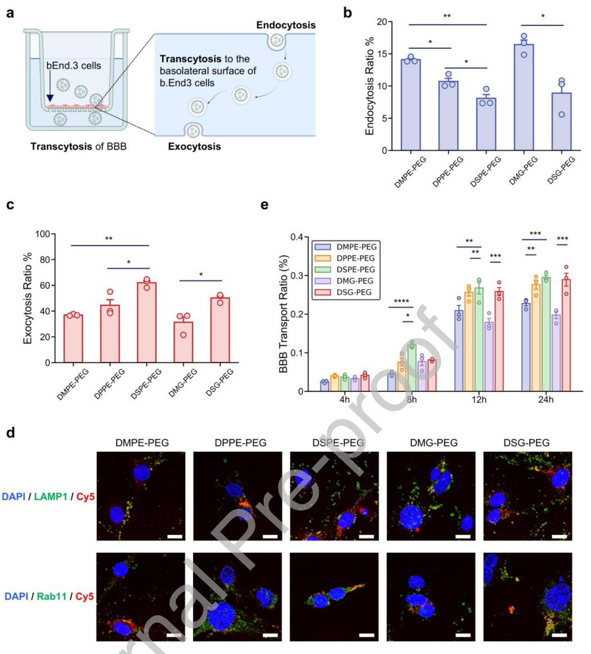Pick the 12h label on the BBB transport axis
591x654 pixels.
click(479, 400)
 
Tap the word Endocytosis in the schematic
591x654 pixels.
click(286, 25)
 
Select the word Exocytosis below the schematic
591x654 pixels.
click(194, 147)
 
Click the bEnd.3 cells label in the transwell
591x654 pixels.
click(74, 65)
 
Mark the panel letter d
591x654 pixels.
click(10, 433)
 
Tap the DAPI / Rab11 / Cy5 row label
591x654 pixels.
click(49, 596)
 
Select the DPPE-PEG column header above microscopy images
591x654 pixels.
click(240, 443)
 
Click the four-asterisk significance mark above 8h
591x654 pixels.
click(401, 301)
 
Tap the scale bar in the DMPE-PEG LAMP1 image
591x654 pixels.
click(175, 537)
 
